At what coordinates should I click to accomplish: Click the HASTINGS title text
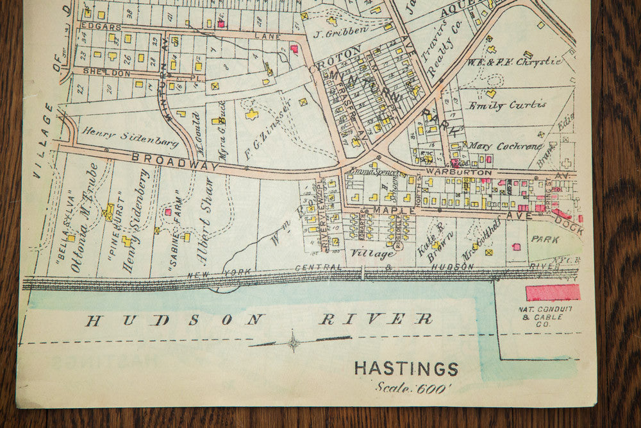click(406, 369)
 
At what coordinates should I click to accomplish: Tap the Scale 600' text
click(414, 388)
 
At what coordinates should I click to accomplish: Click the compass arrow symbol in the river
click(293, 341)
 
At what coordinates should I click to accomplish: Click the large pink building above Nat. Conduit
click(553, 293)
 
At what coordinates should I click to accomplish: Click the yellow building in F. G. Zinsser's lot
click(252, 115)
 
